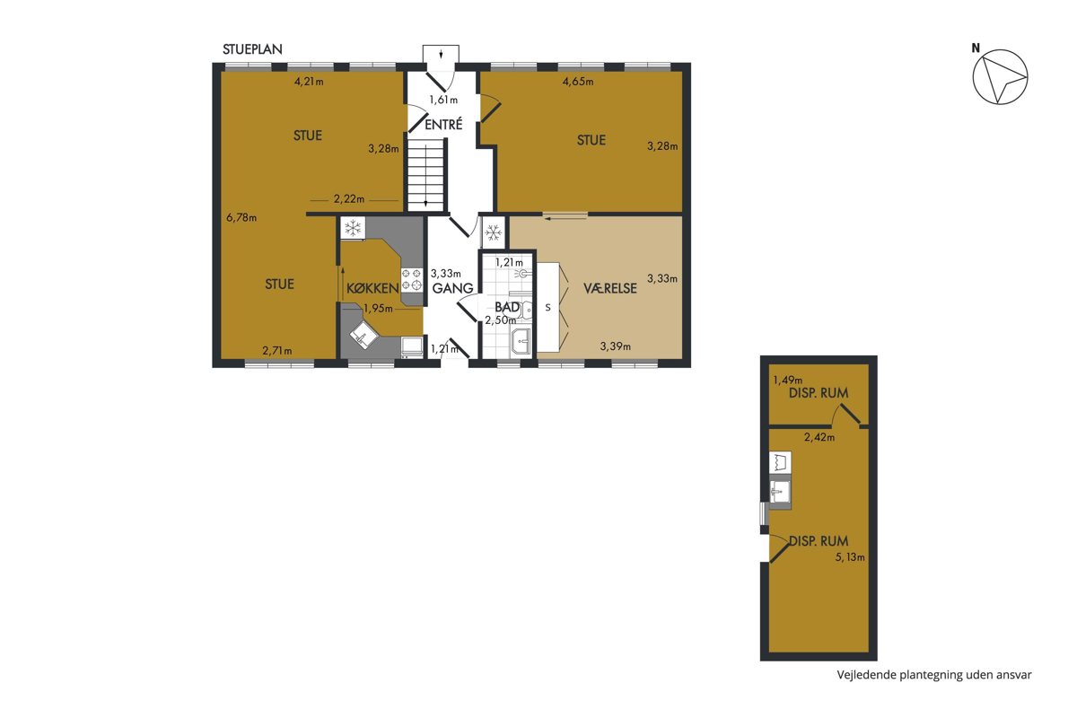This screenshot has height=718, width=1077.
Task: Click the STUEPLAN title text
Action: [x=252, y=49]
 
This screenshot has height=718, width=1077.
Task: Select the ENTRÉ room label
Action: [x=443, y=125]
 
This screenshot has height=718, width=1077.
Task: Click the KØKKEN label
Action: [x=372, y=288]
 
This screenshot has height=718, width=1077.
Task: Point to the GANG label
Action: [x=453, y=288]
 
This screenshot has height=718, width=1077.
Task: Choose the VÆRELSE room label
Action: [x=610, y=288]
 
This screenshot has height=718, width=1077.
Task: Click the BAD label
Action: [x=507, y=307]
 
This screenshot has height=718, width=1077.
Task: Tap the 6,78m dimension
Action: [x=241, y=217]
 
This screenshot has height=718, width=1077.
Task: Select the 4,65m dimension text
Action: [x=578, y=82]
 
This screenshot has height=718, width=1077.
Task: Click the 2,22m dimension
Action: [x=349, y=198]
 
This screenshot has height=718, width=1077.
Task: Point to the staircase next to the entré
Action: [x=425, y=175]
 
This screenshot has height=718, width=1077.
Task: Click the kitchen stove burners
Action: [x=412, y=280]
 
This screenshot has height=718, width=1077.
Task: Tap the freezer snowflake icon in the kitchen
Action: [x=353, y=227]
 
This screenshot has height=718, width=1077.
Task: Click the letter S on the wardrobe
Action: [x=547, y=307]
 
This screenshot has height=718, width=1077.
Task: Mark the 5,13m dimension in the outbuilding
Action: [x=850, y=556]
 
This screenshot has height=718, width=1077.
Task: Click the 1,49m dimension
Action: [x=788, y=380]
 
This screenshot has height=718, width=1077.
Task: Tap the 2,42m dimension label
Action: [x=819, y=437]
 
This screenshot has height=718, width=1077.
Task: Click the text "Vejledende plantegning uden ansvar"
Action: [x=934, y=675]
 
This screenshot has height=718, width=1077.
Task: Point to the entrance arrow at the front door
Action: [x=441, y=53]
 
